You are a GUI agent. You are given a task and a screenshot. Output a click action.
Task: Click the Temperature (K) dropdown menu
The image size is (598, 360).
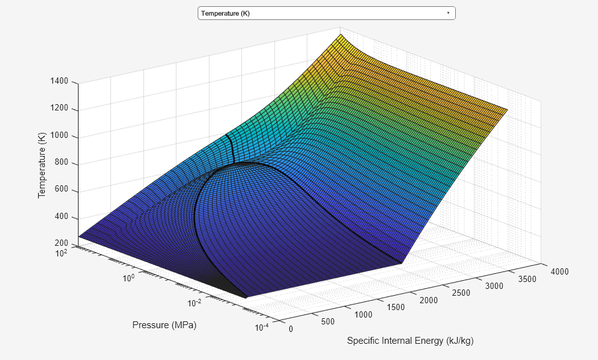click(x=326, y=13)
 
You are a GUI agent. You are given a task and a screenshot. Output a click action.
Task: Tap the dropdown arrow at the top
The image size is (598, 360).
click(x=448, y=13)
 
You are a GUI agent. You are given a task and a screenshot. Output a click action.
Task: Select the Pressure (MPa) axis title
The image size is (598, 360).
click(x=164, y=325)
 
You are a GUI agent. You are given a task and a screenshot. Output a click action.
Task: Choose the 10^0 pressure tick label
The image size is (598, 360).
click(x=128, y=278)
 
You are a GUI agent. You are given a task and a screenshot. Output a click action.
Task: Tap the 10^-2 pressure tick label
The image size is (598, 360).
click(x=195, y=303)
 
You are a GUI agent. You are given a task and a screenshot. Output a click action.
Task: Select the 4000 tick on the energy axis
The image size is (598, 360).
click(x=559, y=271)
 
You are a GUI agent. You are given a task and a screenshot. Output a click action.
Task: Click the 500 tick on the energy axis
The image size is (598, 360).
click(x=328, y=322)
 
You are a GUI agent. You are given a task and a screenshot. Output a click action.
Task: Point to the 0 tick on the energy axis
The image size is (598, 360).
click(x=291, y=329)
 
